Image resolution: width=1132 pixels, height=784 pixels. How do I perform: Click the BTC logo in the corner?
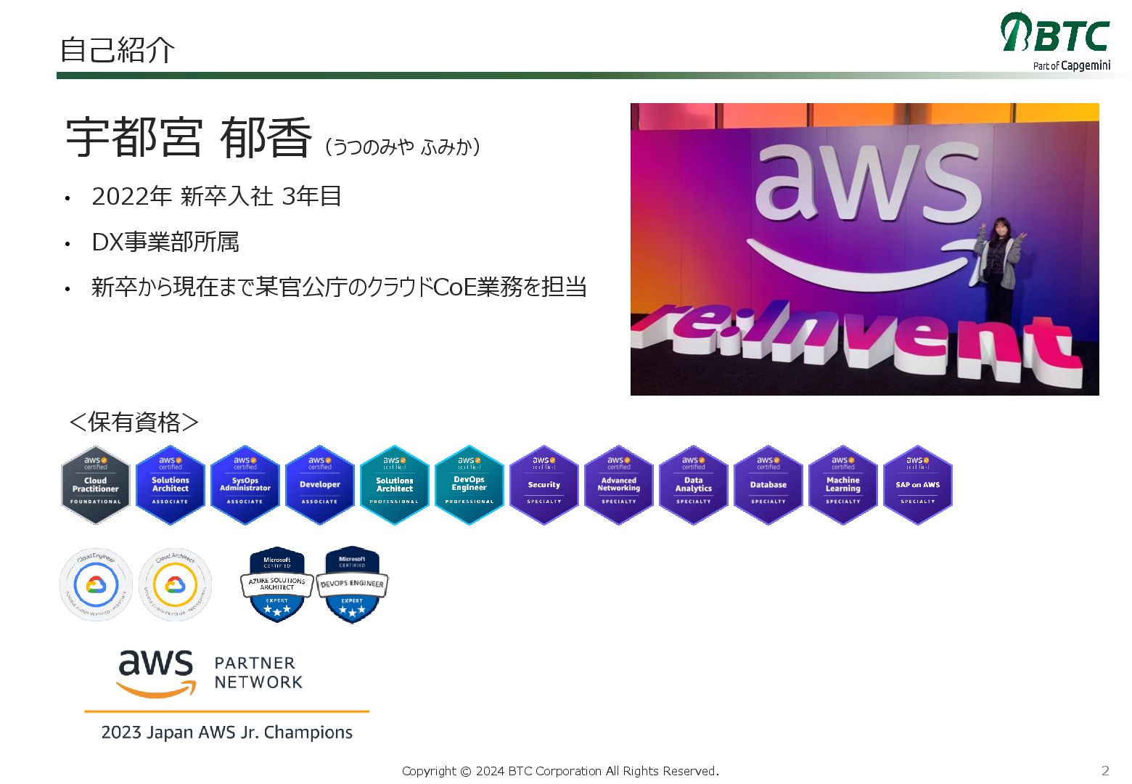[x=1056, y=40]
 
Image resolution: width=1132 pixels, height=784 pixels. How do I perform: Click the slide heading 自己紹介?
[x=117, y=50]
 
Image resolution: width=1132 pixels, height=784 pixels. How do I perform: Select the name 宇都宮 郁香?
[x=189, y=138]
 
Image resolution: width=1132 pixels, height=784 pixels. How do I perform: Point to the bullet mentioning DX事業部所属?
[x=165, y=242]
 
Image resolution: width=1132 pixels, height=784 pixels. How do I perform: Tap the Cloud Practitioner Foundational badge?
[x=96, y=485]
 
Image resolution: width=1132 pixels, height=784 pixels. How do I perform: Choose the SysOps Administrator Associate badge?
[x=245, y=485]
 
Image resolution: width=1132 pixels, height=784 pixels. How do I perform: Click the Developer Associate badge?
[x=320, y=485]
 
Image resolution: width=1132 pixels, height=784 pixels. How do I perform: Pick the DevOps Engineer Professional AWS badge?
[x=469, y=485]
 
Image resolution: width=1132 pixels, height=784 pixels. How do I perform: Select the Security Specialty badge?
[x=544, y=485]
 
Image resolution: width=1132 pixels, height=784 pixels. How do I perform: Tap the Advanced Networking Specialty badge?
[x=619, y=485]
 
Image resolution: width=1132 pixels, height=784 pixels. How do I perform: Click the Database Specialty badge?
[x=768, y=485]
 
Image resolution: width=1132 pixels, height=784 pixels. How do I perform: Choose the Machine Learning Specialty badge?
[x=843, y=485]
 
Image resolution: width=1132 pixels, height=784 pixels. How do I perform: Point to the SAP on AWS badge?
[x=918, y=485]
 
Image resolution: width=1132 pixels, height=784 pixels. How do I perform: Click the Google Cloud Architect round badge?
[x=175, y=584]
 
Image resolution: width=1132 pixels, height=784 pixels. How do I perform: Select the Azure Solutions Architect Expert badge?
[x=277, y=584]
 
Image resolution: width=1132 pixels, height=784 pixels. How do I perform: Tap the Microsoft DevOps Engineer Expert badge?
[x=352, y=584]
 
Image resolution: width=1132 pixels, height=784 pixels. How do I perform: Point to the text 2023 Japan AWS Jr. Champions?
[x=227, y=732]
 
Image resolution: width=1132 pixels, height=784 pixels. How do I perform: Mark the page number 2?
[x=1105, y=770]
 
